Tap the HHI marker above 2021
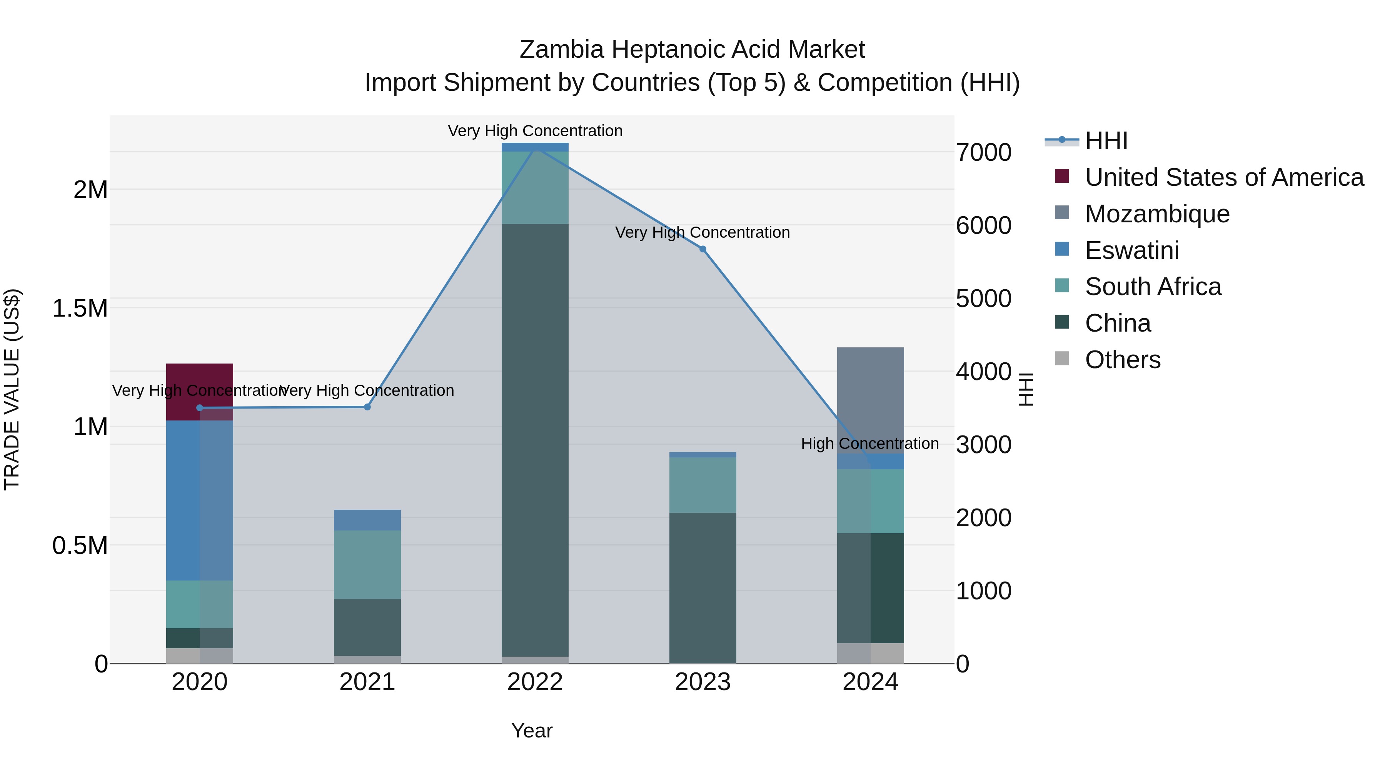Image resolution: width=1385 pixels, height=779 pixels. click(367, 407)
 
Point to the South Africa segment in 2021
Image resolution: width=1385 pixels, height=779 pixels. click(367, 564)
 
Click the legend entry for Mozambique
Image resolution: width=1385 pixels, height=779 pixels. click(1156, 214)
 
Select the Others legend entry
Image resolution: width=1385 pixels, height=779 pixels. click(1122, 360)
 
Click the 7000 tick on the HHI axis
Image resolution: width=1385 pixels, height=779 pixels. click(983, 153)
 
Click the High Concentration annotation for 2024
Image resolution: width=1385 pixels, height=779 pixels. click(869, 444)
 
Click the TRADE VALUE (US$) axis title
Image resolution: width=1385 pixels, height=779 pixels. click(12, 389)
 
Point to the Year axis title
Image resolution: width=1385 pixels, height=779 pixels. click(531, 731)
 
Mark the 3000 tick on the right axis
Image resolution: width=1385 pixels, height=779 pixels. click(983, 445)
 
